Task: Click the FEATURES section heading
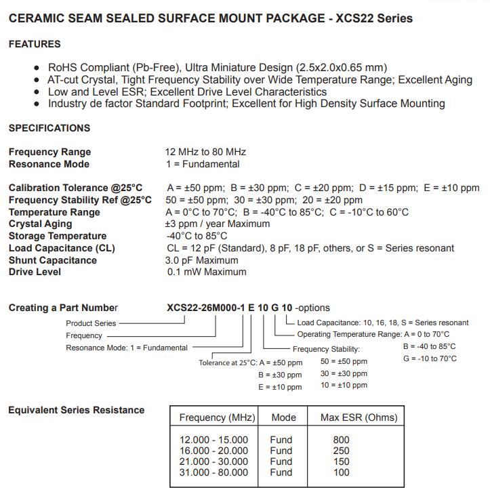tap(35, 44)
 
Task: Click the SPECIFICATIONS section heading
tap(49, 128)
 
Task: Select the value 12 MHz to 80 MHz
tap(206, 152)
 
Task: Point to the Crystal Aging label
tap(40, 224)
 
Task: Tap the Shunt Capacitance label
tap(52, 260)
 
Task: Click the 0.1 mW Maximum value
tap(207, 272)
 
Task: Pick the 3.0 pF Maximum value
tap(202, 260)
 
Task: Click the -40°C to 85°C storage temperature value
tap(197, 236)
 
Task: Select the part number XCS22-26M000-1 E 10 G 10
tap(230, 308)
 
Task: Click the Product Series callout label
tap(91, 323)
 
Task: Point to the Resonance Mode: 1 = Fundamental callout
tap(127, 348)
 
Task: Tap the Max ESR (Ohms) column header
tap(359, 417)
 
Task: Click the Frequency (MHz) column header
tap(217, 417)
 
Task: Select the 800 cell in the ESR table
tap(342, 440)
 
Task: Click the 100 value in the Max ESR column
tap(342, 472)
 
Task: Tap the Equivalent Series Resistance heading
tap(77, 410)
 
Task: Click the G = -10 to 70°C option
tap(430, 358)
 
